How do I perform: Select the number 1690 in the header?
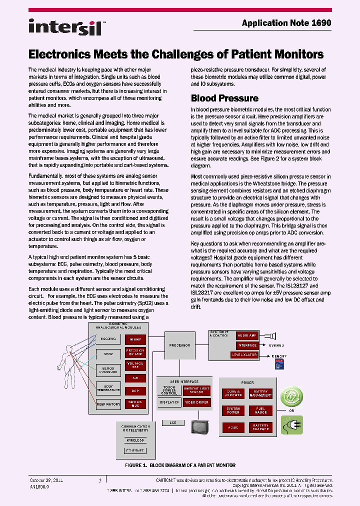click(321, 23)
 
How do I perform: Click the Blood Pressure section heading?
click(224, 98)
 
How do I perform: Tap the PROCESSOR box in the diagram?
click(179, 345)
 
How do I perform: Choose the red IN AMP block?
click(135, 339)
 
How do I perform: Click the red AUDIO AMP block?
click(247, 335)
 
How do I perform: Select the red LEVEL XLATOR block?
click(244, 354)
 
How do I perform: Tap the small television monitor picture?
click(199, 426)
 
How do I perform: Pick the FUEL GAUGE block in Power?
click(260, 410)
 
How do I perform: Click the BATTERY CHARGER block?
click(260, 427)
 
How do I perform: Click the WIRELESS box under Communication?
click(135, 440)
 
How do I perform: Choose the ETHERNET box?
click(135, 450)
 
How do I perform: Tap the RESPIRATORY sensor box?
click(108, 403)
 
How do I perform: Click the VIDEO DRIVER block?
click(196, 402)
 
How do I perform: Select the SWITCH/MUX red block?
click(135, 403)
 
